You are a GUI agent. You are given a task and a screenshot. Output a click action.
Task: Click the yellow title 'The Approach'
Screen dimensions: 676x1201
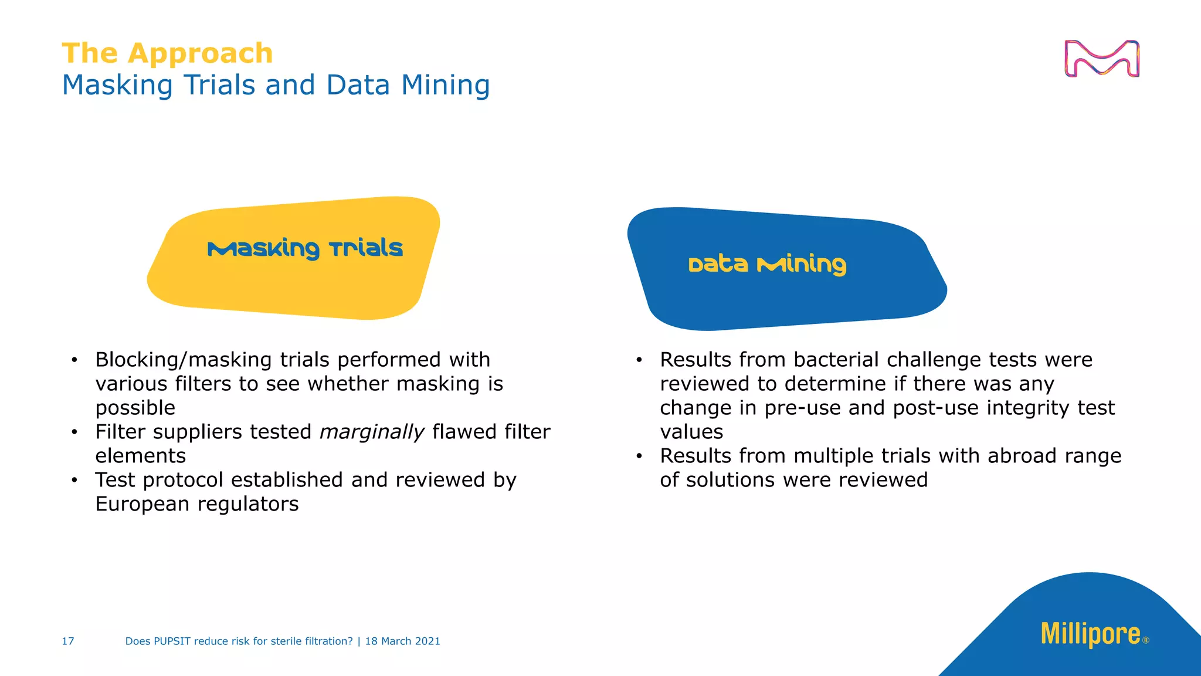167,53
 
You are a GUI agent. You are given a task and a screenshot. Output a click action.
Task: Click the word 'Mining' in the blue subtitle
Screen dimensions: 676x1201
445,85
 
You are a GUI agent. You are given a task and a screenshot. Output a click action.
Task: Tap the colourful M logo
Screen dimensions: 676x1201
1101,59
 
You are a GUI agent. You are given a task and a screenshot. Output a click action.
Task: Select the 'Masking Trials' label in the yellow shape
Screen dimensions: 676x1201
305,248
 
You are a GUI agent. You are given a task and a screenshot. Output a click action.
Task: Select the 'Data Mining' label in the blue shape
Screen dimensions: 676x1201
767,264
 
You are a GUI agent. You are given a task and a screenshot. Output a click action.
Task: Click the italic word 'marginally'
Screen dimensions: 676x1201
371,432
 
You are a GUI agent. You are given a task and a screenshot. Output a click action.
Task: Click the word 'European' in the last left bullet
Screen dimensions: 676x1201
143,504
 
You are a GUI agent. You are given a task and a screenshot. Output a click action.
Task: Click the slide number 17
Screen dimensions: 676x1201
68,641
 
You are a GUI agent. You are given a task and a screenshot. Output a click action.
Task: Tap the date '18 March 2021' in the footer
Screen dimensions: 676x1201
402,641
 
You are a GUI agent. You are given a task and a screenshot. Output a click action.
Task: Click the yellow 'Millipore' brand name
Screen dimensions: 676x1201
1090,634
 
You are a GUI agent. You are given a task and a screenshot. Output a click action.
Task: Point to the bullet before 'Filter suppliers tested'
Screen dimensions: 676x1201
74,432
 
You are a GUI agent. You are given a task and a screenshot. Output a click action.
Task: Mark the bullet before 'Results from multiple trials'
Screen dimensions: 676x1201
639,457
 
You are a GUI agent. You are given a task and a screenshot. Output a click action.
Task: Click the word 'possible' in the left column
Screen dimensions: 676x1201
135,408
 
